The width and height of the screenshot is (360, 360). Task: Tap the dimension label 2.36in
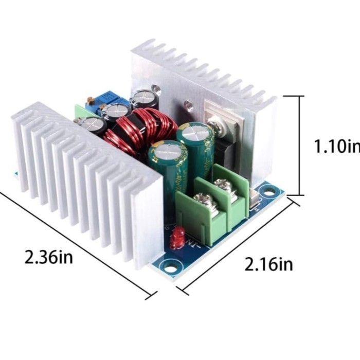pos(48,257)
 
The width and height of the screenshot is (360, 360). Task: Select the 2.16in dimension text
pos(268,264)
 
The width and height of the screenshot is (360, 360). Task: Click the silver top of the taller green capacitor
pos(194,133)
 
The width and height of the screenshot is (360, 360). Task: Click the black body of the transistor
pos(225,150)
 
